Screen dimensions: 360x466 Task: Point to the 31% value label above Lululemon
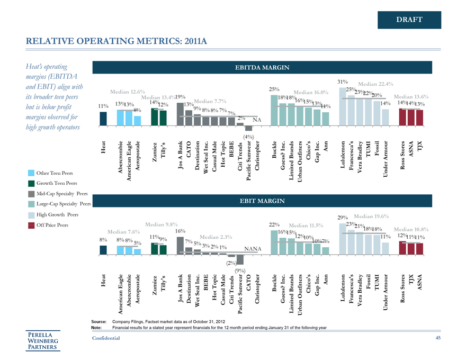click(342, 83)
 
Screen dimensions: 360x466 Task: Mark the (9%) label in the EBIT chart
click(240, 271)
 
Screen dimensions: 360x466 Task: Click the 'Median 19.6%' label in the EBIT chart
click(371, 215)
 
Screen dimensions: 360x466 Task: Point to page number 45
click(437, 338)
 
